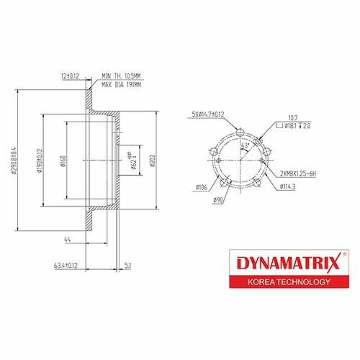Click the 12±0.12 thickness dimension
click(x=71, y=74)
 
